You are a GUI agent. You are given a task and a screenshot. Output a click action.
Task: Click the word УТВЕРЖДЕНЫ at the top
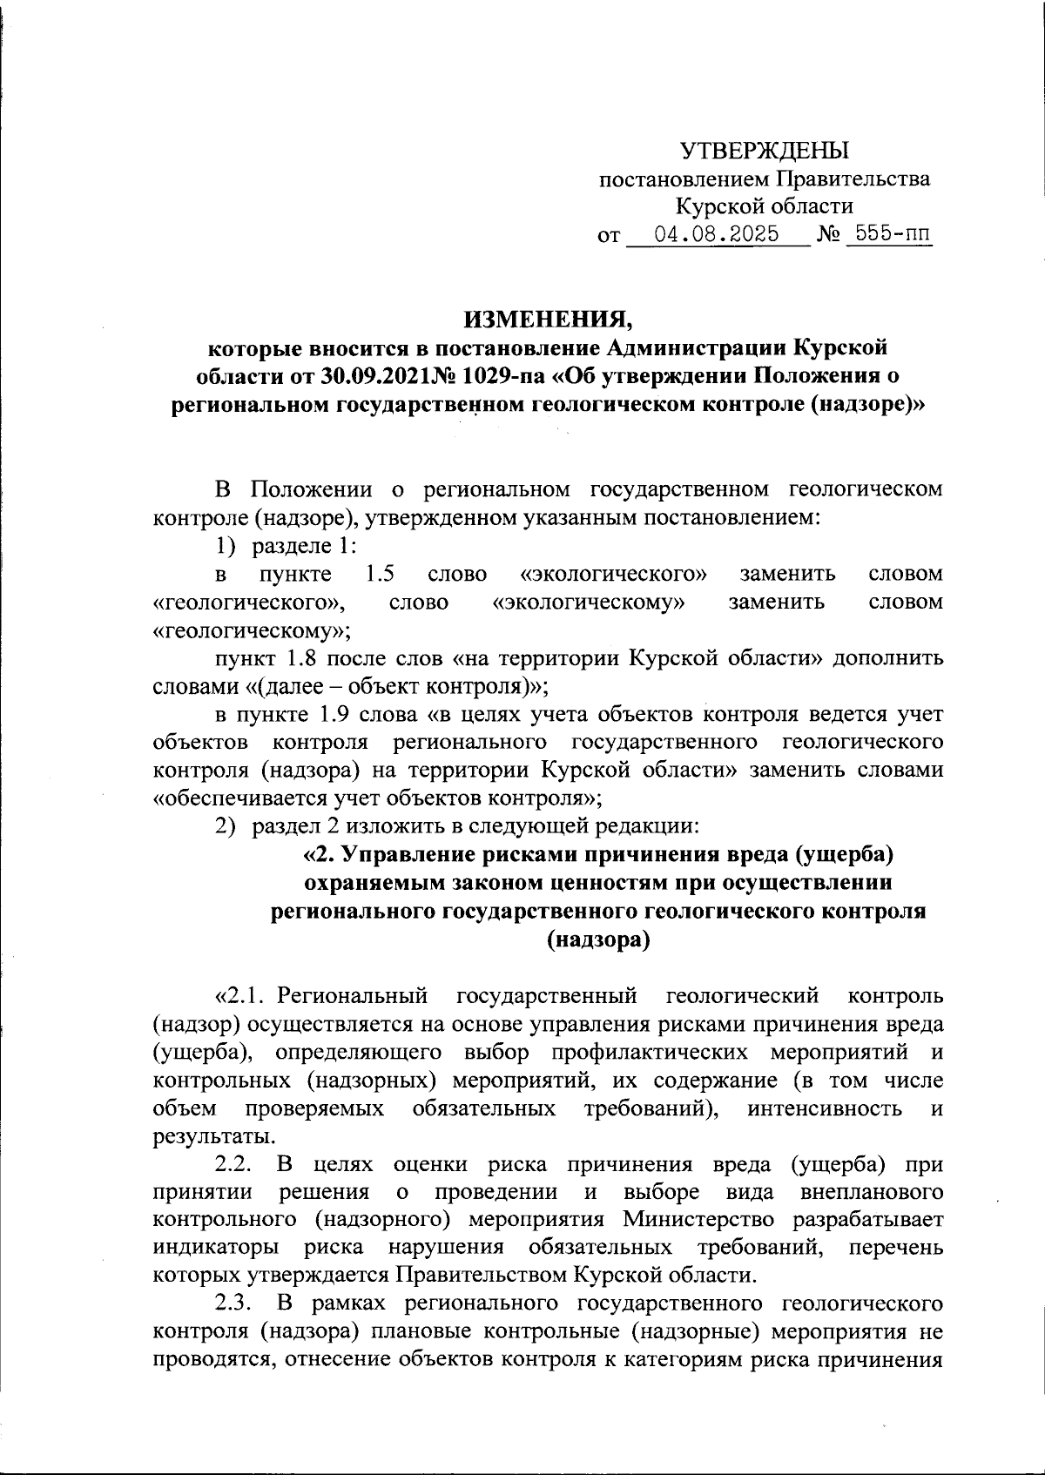(x=764, y=151)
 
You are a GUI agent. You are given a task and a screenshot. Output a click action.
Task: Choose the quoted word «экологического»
(x=612, y=574)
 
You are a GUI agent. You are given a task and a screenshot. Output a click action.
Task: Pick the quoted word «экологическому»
(x=588, y=602)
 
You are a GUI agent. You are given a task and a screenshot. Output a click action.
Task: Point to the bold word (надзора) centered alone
(x=598, y=940)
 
